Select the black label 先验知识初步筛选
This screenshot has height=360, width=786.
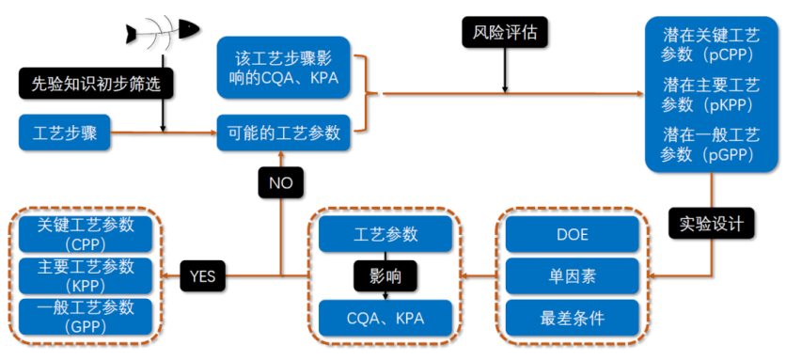point(98,84)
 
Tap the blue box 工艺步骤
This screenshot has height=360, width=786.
point(64,133)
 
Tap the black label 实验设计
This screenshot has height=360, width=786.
point(710,224)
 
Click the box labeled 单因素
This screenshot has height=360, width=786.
point(574,276)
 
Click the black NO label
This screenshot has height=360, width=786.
point(280,182)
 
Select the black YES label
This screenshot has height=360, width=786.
point(202,276)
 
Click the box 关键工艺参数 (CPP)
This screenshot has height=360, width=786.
point(86,234)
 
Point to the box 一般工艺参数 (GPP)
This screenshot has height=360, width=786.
point(86,317)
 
